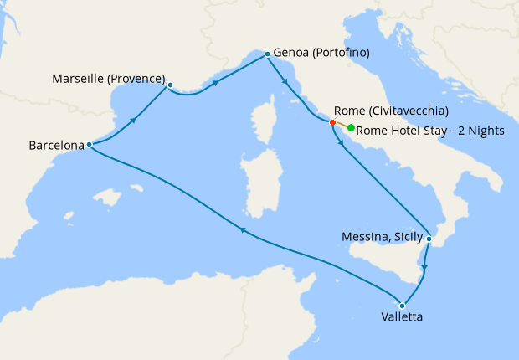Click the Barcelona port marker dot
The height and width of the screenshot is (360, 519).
(x=89, y=145)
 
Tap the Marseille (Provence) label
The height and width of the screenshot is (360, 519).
(x=109, y=79)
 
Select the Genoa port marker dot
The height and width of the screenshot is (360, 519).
(x=267, y=54)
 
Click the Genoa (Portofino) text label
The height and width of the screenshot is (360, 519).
(x=321, y=53)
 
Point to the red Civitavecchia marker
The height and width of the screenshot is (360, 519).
(x=332, y=123)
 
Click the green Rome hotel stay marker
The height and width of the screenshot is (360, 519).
(x=351, y=128)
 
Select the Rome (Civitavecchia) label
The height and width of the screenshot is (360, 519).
(x=391, y=111)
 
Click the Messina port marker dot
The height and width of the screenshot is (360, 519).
(x=429, y=239)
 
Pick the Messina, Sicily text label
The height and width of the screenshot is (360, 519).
(x=383, y=237)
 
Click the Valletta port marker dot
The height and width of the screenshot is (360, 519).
(x=403, y=306)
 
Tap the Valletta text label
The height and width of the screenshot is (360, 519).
(x=402, y=318)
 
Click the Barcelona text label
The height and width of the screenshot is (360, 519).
(x=57, y=145)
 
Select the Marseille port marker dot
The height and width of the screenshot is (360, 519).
(x=170, y=85)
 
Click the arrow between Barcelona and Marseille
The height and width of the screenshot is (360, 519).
(x=133, y=121)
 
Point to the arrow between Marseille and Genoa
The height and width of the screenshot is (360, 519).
(x=218, y=83)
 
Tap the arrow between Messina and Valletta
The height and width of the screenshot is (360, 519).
(x=424, y=268)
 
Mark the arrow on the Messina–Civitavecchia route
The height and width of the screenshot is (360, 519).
(x=341, y=143)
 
